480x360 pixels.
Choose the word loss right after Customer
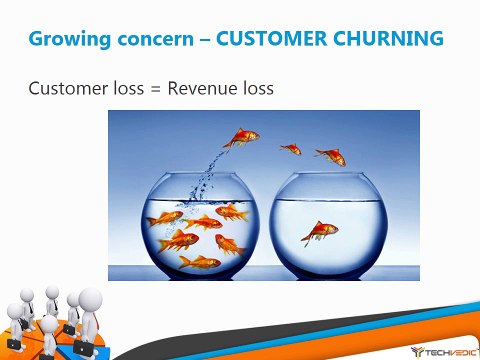[x=124, y=87]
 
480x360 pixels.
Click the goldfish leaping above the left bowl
[x=242, y=137]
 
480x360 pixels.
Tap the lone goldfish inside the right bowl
[x=320, y=232]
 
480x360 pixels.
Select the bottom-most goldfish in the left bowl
[x=199, y=262]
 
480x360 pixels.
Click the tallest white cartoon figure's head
[x=89, y=299]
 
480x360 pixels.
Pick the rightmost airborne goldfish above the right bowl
[x=330, y=155]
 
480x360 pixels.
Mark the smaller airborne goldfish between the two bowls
[x=290, y=149]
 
